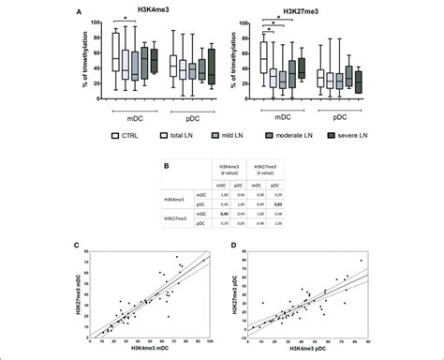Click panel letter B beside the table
(165, 165)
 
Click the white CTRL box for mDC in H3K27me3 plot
(265, 55)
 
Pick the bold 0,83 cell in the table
(278, 202)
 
